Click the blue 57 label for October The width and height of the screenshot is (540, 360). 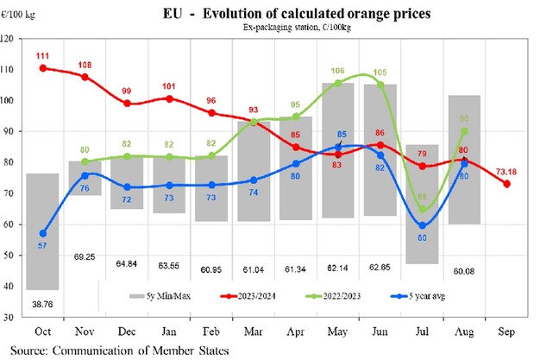(x=43, y=247)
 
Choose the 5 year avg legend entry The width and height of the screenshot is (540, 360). (x=398, y=294)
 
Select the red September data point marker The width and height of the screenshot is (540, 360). (x=507, y=184)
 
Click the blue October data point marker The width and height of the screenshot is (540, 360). (x=43, y=233)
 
